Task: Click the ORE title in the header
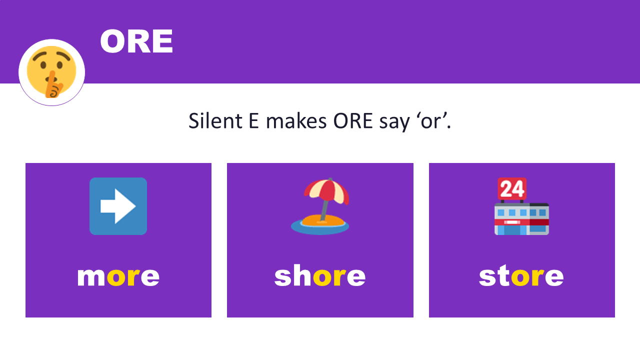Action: [136, 41]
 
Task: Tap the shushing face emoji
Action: [51, 72]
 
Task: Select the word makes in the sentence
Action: [295, 121]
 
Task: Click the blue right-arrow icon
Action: [118, 206]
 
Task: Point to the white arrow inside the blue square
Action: [118, 206]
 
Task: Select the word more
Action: [118, 276]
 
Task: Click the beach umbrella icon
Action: [320, 206]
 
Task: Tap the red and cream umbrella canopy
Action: [326, 191]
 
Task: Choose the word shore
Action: [320, 276]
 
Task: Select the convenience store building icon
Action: [521, 218]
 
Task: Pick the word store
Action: [521, 276]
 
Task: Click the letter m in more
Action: [91, 276]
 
